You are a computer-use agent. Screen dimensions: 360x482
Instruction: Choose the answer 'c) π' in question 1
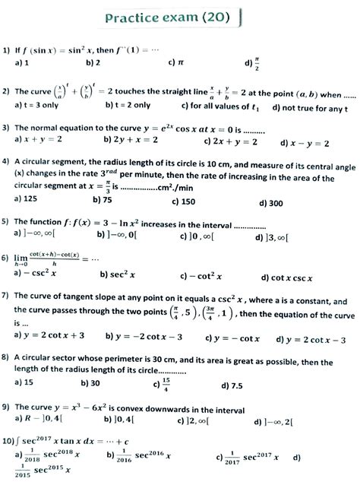click(175, 63)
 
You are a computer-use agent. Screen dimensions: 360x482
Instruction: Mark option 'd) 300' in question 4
click(270, 203)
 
